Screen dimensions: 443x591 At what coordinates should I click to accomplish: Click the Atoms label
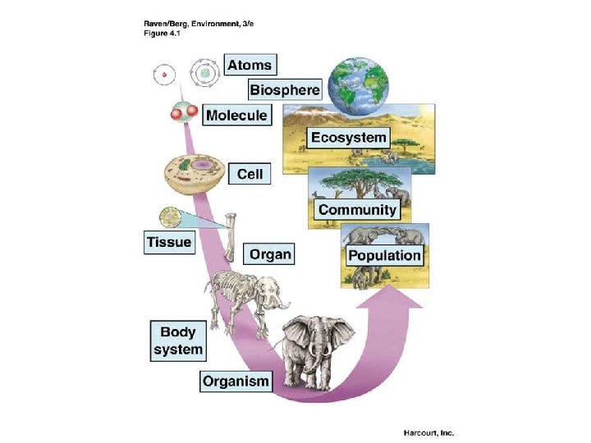tap(249, 64)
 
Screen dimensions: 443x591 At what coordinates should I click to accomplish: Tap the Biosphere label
tap(284, 89)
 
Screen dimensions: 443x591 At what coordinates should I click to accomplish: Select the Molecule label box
tap(236, 115)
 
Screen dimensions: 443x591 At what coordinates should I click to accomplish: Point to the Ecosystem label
tap(348, 137)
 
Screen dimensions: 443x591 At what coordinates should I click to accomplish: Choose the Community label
tap(357, 209)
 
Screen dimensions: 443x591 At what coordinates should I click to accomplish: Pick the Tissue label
tap(168, 242)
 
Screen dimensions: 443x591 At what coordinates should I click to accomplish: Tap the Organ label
tap(269, 254)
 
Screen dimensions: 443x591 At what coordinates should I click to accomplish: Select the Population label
tap(384, 255)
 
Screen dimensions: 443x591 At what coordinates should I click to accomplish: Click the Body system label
tap(177, 341)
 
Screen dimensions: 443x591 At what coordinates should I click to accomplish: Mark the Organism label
tap(236, 381)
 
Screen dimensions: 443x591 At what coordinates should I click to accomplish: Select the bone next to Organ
tap(231, 237)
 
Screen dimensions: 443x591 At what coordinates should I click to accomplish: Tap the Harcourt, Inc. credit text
tap(428, 432)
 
